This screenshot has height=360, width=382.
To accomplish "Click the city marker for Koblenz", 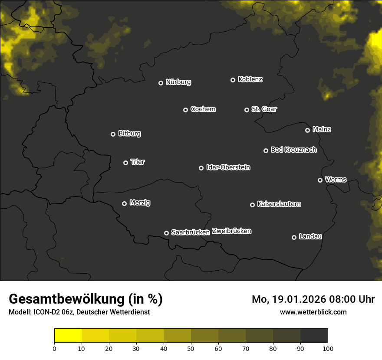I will pos(233,80).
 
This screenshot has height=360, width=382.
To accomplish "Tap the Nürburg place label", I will pos(178,82).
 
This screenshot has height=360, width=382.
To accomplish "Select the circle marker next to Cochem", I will pos(185,110).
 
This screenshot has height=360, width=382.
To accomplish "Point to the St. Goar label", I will pos(264,109).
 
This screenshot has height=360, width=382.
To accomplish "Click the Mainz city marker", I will pos(307,130).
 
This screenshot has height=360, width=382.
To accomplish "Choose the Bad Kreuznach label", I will pos(293,150).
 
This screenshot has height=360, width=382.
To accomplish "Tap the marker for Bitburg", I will pos(113,134).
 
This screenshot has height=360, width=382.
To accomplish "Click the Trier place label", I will pos(138,162).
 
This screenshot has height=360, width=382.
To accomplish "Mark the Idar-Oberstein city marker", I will pos(201,168).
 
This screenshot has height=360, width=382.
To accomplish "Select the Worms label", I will pos(336,179).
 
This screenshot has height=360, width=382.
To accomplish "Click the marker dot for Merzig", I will pos(124,203).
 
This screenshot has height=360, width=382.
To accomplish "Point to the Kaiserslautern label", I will pos(279,204).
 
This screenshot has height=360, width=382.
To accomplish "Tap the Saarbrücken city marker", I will pos(166,233).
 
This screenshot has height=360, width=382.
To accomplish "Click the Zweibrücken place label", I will pos(231,231).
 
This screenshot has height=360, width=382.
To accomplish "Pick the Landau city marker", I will pos(294,237).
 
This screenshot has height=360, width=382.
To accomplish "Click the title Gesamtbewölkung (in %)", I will pos(86,299).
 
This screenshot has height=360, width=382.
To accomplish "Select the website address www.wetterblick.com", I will pos(313,312).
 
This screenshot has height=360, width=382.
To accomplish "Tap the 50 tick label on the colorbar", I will pos(191,348).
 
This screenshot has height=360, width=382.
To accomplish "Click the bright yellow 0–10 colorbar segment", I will pos(68,336).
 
